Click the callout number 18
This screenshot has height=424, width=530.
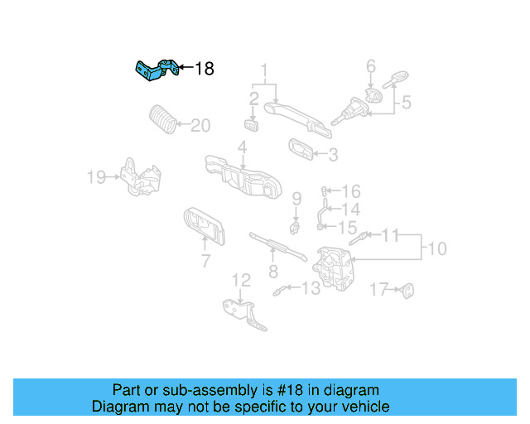(x=204, y=69)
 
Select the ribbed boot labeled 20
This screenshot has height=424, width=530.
(x=161, y=119)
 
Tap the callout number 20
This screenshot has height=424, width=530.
(x=201, y=126)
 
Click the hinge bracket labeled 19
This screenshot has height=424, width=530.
(x=138, y=176)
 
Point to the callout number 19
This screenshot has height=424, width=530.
(x=96, y=176)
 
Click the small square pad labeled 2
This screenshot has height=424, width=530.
(x=252, y=125)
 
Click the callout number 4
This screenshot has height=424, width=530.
(x=242, y=148)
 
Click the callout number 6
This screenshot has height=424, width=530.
(x=371, y=65)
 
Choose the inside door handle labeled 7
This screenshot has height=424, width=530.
(x=202, y=226)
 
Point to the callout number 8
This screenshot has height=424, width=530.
(x=272, y=272)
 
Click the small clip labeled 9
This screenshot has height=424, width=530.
(x=293, y=225)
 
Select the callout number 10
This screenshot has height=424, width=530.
(x=436, y=248)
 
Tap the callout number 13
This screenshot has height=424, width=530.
(x=310, y=288)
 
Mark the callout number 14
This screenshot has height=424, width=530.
(x=351, y=210)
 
